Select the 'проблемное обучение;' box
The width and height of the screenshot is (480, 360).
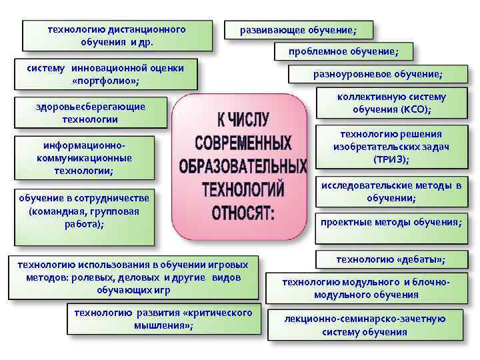coord(343,51)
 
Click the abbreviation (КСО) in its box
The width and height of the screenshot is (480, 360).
coord(415,109)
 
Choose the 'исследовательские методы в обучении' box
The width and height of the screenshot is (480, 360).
coord(391,191)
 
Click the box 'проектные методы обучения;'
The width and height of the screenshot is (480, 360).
coord(391,222)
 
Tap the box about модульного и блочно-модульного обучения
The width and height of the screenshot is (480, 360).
coord(365,288)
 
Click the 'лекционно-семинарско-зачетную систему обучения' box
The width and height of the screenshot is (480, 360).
coord(364,325)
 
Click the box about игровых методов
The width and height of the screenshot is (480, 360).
coord(137,276)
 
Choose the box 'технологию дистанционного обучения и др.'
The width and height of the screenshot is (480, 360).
coord(117,35)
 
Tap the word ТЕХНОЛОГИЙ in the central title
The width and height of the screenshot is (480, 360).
coord(243,190)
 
